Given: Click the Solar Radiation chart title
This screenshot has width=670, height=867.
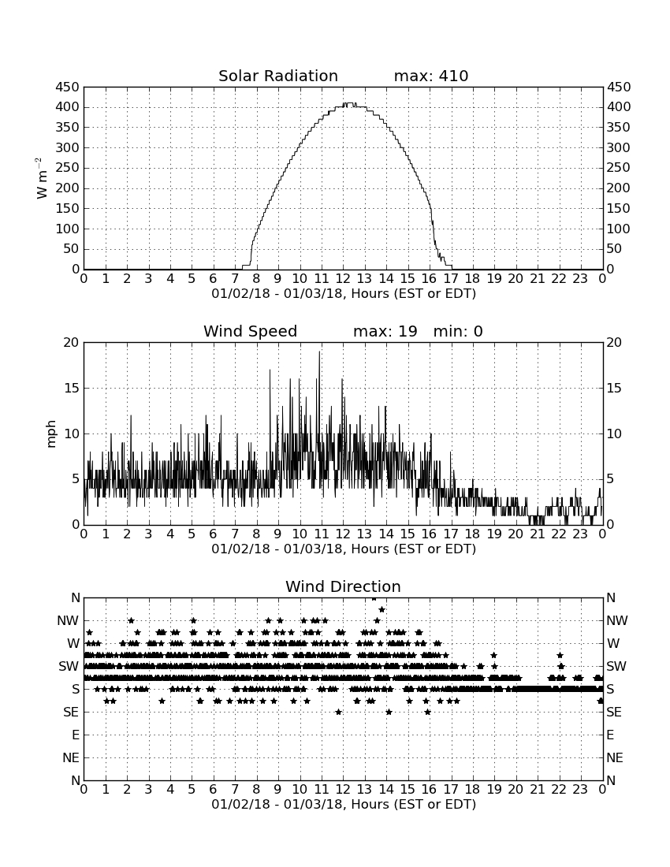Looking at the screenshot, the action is (x=278, y=76).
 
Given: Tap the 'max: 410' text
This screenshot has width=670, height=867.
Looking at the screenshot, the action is (x=431, y=76).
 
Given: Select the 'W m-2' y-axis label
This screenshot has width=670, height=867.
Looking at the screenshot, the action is (x=41, y=178).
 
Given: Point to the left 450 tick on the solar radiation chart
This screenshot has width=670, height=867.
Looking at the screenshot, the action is (x=68, y=87).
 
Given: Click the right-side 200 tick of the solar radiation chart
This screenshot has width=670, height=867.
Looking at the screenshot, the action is (x=619, y=188).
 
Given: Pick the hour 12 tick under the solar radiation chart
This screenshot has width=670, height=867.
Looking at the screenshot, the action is (x=343, y=279).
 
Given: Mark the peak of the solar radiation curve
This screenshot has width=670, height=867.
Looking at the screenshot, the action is (x=348, y=103).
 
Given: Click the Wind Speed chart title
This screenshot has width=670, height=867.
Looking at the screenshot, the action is (x=251, y=331).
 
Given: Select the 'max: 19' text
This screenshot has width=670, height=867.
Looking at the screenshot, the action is (x=385, y=331).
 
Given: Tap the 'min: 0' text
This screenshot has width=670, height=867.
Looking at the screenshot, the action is (x=458, y=331).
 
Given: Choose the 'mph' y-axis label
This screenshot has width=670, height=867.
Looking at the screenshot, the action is (x=51, y=434).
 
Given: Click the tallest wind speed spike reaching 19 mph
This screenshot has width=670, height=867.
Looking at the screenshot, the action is (x=319, y=352).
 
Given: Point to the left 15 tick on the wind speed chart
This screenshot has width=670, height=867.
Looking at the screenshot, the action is (x=73, y=388).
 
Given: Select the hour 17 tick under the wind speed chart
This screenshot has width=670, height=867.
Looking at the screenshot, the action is (x=451, y=534).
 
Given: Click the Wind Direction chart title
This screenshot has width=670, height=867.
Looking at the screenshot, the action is (x=344, y=586).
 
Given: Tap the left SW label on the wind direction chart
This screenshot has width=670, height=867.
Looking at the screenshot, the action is (x=69, y=666).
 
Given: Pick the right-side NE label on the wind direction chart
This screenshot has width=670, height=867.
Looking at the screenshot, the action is (x=615, y=757).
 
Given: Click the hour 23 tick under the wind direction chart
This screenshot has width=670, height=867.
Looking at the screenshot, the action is (x=580, y=790).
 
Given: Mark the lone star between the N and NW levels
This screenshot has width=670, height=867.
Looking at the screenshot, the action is (x=382, y=609).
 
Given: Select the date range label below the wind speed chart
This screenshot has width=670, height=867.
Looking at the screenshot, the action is (x=344, y=549).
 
